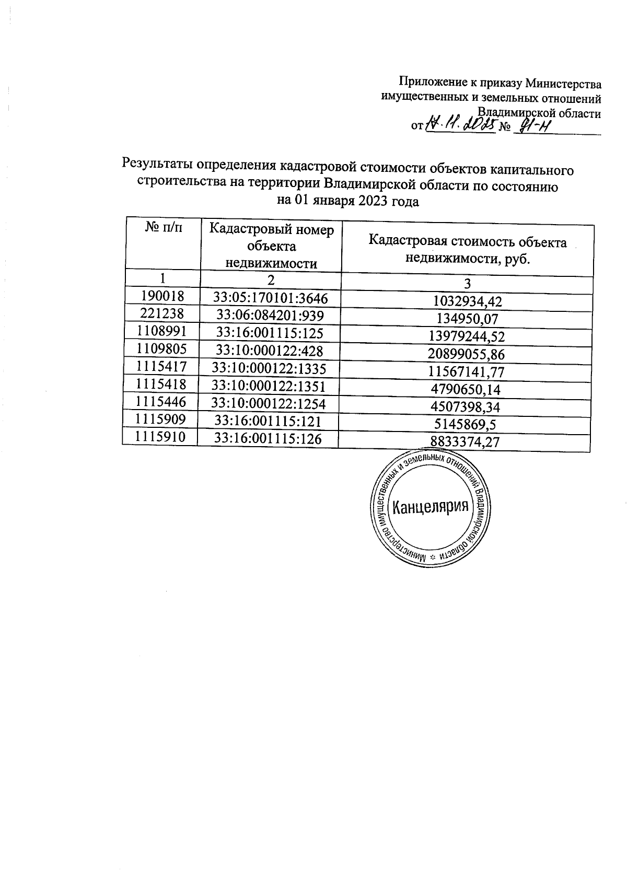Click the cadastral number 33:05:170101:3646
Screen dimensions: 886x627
(271, 298)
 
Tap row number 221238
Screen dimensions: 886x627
(162, 313)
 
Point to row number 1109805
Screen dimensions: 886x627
(161, 349)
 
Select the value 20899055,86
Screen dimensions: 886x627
(467, 354)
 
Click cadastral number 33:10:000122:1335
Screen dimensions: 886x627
(269, 369)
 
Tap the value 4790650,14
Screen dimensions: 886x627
(466, 389)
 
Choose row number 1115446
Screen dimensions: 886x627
(160, 402)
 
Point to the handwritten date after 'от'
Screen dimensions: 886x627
(460, 124)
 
